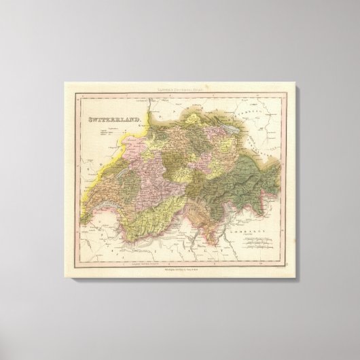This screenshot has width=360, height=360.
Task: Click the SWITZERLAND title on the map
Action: tap(113, 120)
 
